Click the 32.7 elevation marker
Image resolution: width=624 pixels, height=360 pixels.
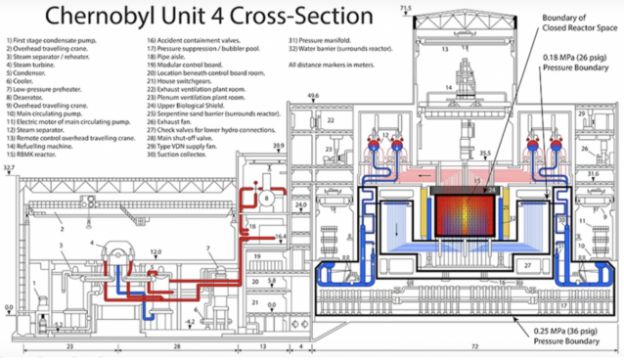10,168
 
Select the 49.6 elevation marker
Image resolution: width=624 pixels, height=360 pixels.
312,96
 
